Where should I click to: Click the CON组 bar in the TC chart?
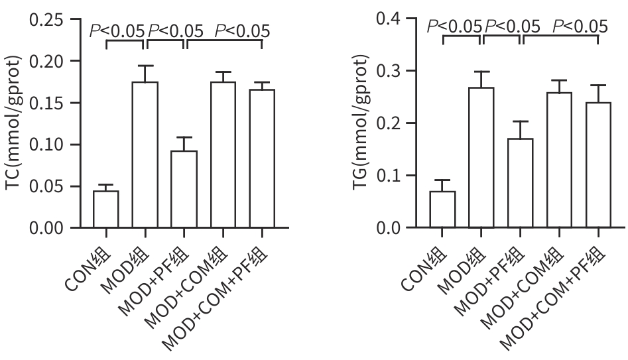pos(106,210)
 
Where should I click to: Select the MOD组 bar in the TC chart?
pos(145,155)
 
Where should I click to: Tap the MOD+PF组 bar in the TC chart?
pos(184,190)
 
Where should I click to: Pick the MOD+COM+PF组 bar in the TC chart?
pos(262,158)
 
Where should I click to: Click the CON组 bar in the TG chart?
pos(442,210)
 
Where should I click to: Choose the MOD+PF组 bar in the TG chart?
pos(521,183)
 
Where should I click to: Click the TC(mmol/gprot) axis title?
pos(15,123)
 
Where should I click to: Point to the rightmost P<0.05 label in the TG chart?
pos(580,26)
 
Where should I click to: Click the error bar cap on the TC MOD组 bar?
pos(145,66)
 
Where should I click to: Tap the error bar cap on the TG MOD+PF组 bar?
pos(521,121)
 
